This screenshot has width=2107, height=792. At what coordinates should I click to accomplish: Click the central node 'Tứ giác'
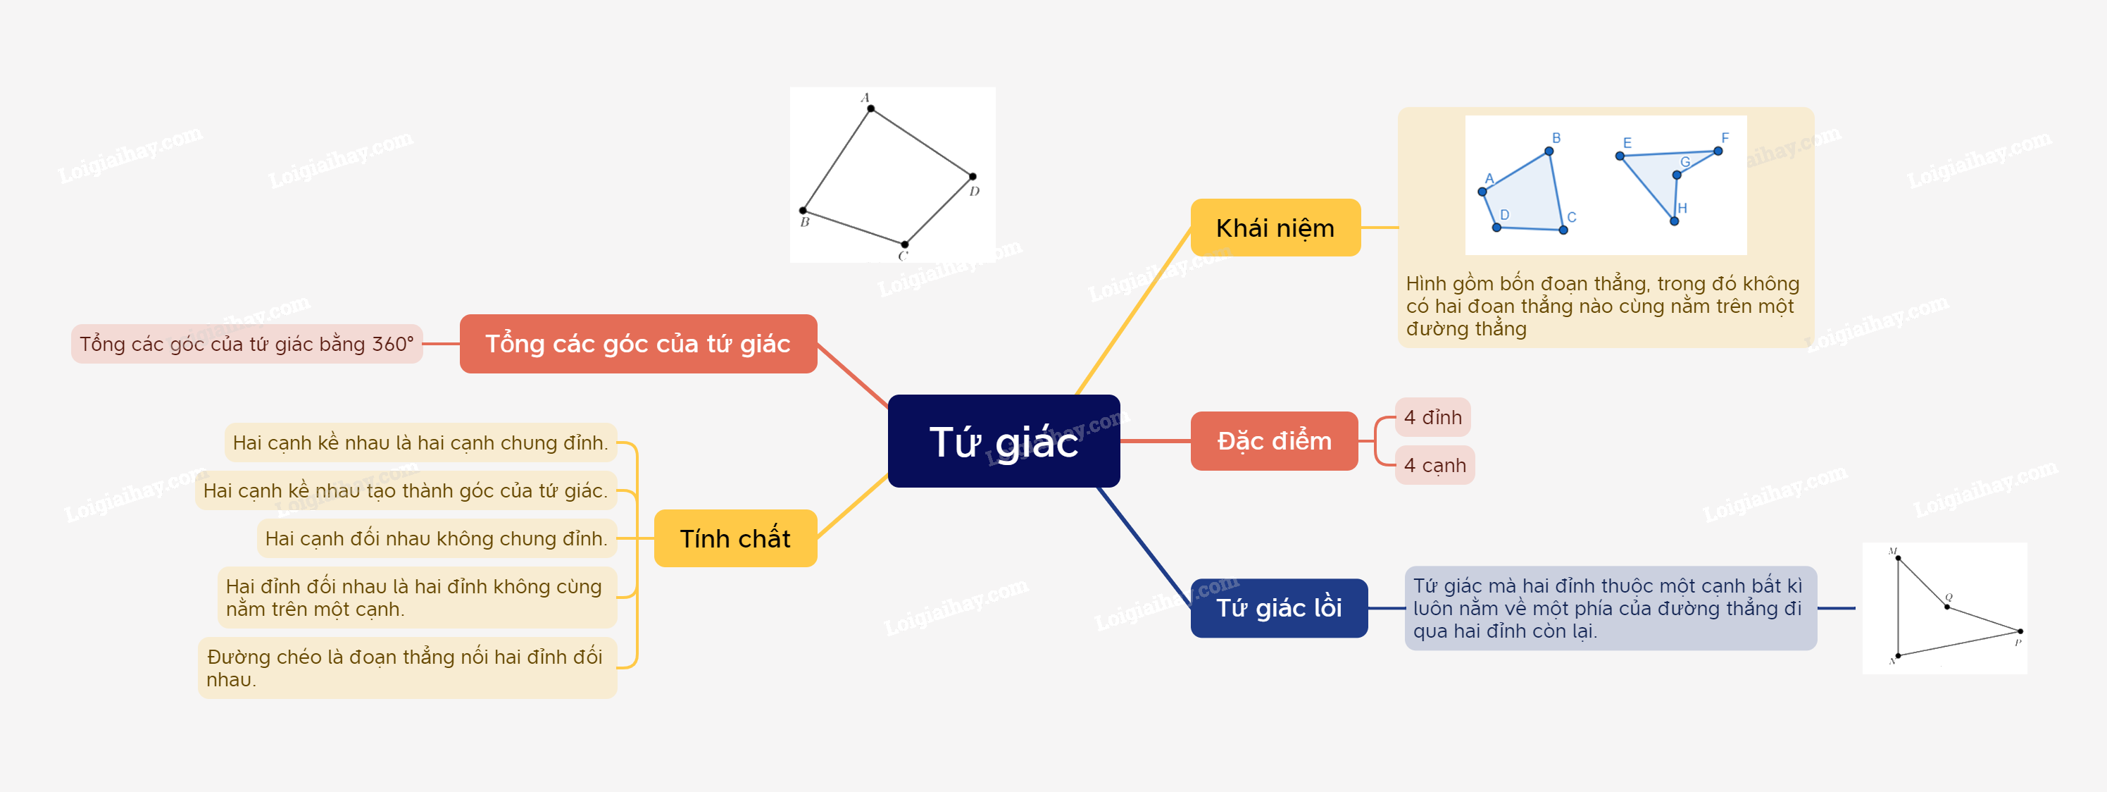(x=1004, y=441)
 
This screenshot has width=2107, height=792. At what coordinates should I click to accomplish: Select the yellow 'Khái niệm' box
(x=1275, y=228)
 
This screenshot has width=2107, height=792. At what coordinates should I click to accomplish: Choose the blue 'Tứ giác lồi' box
(x=1278, y=608)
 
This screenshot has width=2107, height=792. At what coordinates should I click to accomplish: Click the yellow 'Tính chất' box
(x=735, y=538)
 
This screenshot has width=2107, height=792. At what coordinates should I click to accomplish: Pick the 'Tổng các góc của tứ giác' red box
(x=638, y=344)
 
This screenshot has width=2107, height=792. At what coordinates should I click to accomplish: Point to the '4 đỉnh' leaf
(x=1433, y=417)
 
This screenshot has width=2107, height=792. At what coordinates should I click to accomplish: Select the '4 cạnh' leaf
(x=1434, y=466)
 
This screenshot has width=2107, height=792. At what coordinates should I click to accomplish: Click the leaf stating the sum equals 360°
(x=247, y=344)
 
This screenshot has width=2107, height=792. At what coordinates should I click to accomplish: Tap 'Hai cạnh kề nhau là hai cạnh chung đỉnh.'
(x=420, y=443)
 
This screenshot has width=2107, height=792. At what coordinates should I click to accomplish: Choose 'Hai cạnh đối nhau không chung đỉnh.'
(x=436, y=538)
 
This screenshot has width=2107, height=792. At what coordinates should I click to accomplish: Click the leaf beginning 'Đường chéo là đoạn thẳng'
(x=406, y=668)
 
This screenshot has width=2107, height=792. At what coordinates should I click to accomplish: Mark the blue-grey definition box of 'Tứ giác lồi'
(x=1610, y=608)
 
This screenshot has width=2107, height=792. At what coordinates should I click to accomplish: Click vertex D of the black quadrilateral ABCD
(x=973, y=177)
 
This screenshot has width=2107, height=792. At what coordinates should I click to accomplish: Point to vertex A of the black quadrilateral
(x=871, y=109)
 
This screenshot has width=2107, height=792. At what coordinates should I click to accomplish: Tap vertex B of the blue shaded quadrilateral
(x=1549, y=151)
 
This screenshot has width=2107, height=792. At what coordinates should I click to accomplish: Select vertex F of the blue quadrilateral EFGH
(x=1718, y=151)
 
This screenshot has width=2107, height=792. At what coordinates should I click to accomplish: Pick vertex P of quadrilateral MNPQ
(x=2020, y=631)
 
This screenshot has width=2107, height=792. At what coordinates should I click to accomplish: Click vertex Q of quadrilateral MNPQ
(x=1946, y=606)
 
